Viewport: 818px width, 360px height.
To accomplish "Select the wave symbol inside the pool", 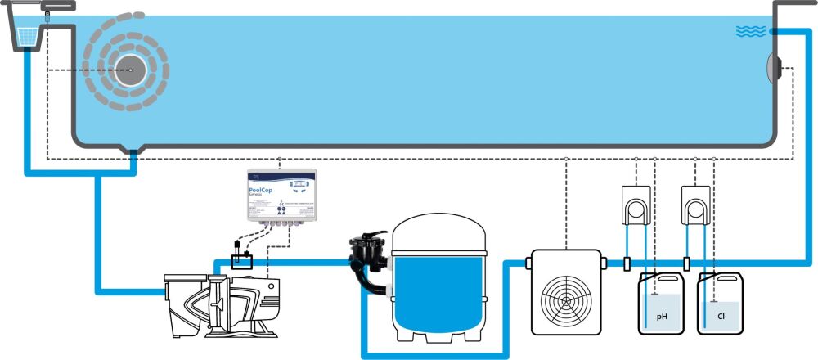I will pos(750,31).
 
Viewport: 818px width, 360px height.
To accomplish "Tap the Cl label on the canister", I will pos(721,315).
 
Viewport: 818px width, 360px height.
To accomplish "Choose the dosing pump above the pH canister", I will pos(635,201).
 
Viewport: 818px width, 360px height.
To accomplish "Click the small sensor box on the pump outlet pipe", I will pos(241,261).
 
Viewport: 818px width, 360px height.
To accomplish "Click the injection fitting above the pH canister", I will pos(626,263).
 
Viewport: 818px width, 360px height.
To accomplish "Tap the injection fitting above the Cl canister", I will pos(685,263).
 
